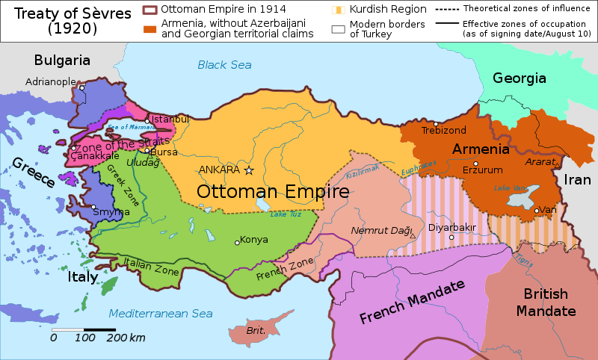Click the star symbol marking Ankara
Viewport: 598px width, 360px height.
coord(249,170)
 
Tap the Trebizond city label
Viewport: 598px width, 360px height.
coord(438,130)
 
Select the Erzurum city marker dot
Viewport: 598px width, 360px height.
coord(475,163)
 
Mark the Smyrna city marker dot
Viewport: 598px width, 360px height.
coord(93,207)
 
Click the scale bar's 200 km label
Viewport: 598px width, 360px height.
coord(126,338)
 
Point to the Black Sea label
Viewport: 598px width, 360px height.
coord(224,65)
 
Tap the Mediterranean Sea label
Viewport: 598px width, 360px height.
coord(161,313)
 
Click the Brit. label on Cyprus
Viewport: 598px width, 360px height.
coord(256,330)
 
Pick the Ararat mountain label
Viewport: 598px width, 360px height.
coord(539,161)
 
